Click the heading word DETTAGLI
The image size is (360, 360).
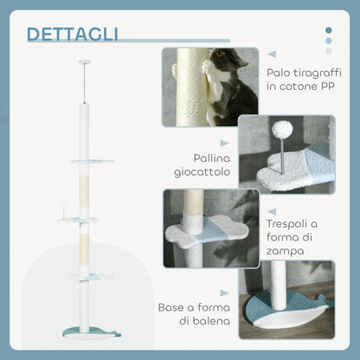pos(73,34)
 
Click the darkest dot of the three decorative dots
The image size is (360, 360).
pos(328,30)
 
